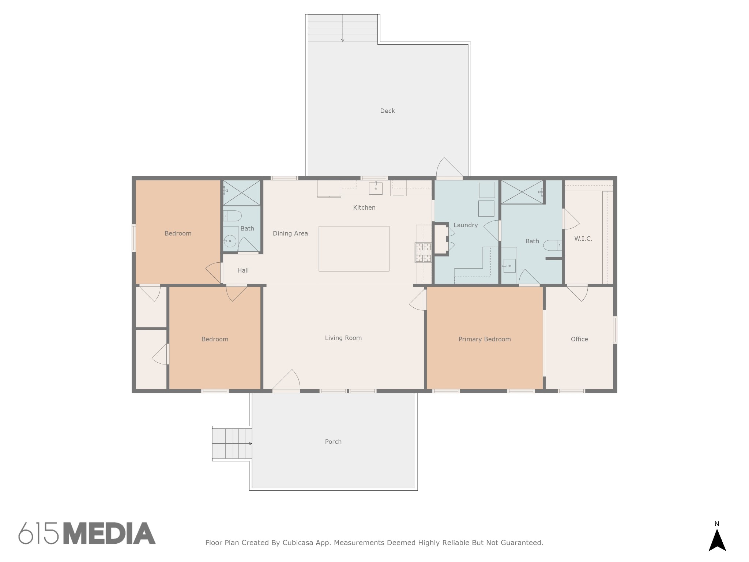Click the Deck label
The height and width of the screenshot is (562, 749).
pos(387,111)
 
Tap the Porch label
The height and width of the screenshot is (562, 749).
pos(333,442)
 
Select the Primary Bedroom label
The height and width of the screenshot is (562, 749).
pos(485,339)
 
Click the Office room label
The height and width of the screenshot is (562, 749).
pos(579,339)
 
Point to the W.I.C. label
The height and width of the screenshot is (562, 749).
pos(583,239)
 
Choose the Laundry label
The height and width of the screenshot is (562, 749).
pos(466,225)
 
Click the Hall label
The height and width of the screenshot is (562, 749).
pos(243,270)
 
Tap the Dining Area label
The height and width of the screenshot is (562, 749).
pos(290,233)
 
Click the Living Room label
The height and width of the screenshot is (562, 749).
pos(343,338)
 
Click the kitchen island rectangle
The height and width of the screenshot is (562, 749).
pos(354,249)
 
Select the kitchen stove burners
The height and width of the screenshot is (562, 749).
pos(423,252)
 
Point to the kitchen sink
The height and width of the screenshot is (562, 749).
pos(376,188)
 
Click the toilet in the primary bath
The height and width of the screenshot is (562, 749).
pos(553,245)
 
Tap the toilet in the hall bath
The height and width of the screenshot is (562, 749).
pos(232,216)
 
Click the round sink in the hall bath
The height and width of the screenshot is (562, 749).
pos(230,241)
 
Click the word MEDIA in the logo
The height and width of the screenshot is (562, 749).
pos(109,533)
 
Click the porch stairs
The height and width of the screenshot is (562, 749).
pos(232,444)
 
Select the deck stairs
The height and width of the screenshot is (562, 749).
pos(343,28)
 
